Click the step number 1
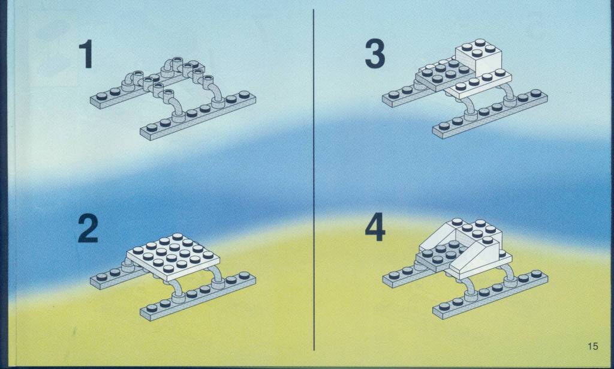coord(86,53)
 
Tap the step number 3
coord(375,53)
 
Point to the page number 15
coord(592,346)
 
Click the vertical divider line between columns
coord(314,179)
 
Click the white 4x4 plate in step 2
coord(173,256)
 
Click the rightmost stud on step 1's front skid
coord(245,94)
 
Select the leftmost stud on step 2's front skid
coord(152,308)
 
